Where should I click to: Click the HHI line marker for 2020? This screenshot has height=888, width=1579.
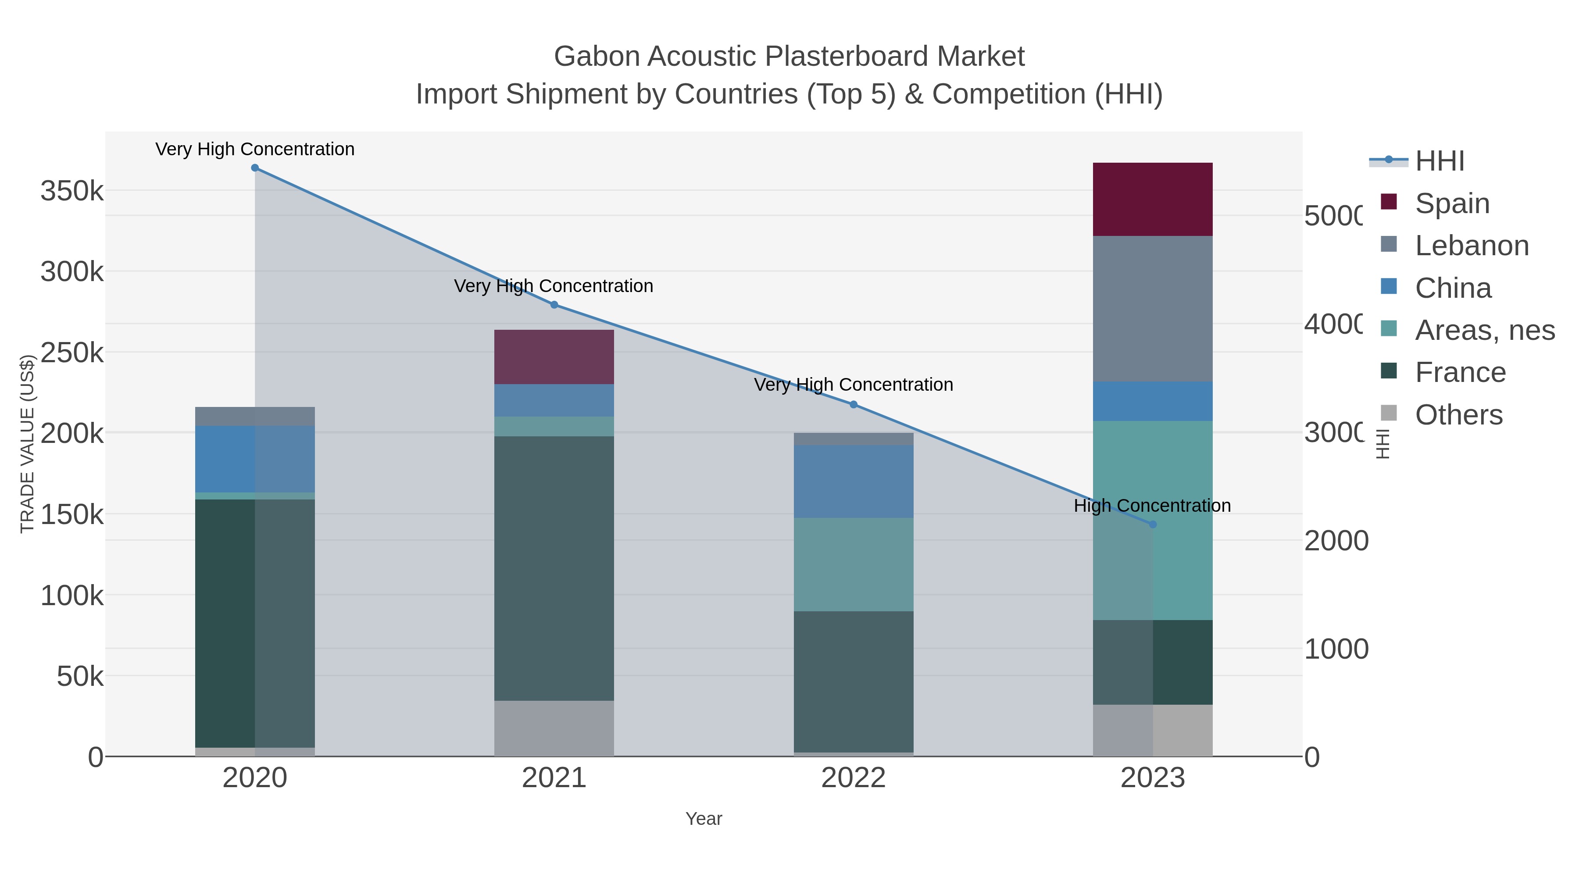(x=255, y=168)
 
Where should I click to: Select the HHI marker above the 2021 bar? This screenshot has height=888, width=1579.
(x=554, y=305)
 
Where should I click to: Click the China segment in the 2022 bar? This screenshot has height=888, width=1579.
(x=853, y=481)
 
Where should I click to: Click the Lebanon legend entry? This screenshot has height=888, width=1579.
(x=1472, y=246)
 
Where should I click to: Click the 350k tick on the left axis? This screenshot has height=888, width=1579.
(x=72, y=191)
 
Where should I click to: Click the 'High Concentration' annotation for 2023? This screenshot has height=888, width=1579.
(x=1152, y=506)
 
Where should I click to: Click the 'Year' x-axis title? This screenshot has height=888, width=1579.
(x=704, y=819)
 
